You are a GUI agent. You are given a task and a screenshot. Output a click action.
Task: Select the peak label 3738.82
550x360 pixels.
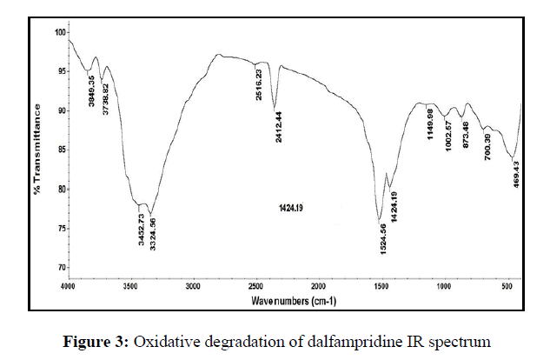coord(106,101)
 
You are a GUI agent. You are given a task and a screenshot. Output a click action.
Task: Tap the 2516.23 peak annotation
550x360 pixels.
coord(259,84)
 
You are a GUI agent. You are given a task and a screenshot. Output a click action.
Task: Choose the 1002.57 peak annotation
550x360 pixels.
coord(448,135)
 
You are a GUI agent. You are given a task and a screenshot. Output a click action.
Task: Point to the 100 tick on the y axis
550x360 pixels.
coord(61,32)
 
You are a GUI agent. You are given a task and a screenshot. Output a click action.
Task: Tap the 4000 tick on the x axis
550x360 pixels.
coord(69,285)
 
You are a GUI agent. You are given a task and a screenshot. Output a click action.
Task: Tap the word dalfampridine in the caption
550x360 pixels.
coord(345,341)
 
